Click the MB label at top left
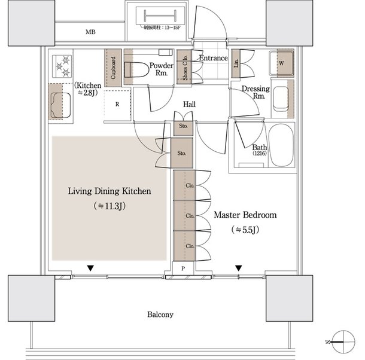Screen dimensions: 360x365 tap(90, 32)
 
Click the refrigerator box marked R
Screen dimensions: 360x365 tap(117, 104)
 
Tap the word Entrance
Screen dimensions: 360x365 tap(213, 58)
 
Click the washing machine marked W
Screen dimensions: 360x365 tap(280, 61)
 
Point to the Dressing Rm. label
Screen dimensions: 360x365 tap(255, 92)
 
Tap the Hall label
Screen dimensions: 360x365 tap(189, 104)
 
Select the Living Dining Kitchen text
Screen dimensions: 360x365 tap(108, 191)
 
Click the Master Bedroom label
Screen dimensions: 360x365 tap(245, 215)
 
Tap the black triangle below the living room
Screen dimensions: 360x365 tap(90, 268)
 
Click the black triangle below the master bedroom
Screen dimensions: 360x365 tap(239, 268)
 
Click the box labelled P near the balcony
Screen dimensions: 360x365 tap(183, 269)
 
